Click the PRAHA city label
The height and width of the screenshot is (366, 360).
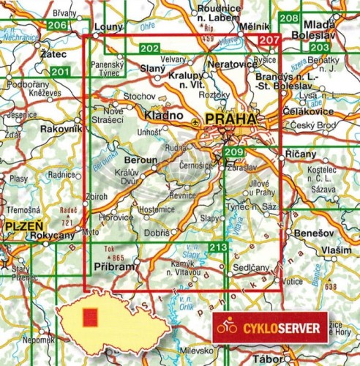[x=231, y=119]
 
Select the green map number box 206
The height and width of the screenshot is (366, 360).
[x=57, y=26]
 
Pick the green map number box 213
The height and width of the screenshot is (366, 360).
[x=217, y=247]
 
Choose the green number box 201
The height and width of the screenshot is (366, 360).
[x=61, y=72]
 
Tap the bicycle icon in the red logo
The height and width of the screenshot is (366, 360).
[x=228, y=329]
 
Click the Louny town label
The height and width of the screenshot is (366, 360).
[x=108, y=26]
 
